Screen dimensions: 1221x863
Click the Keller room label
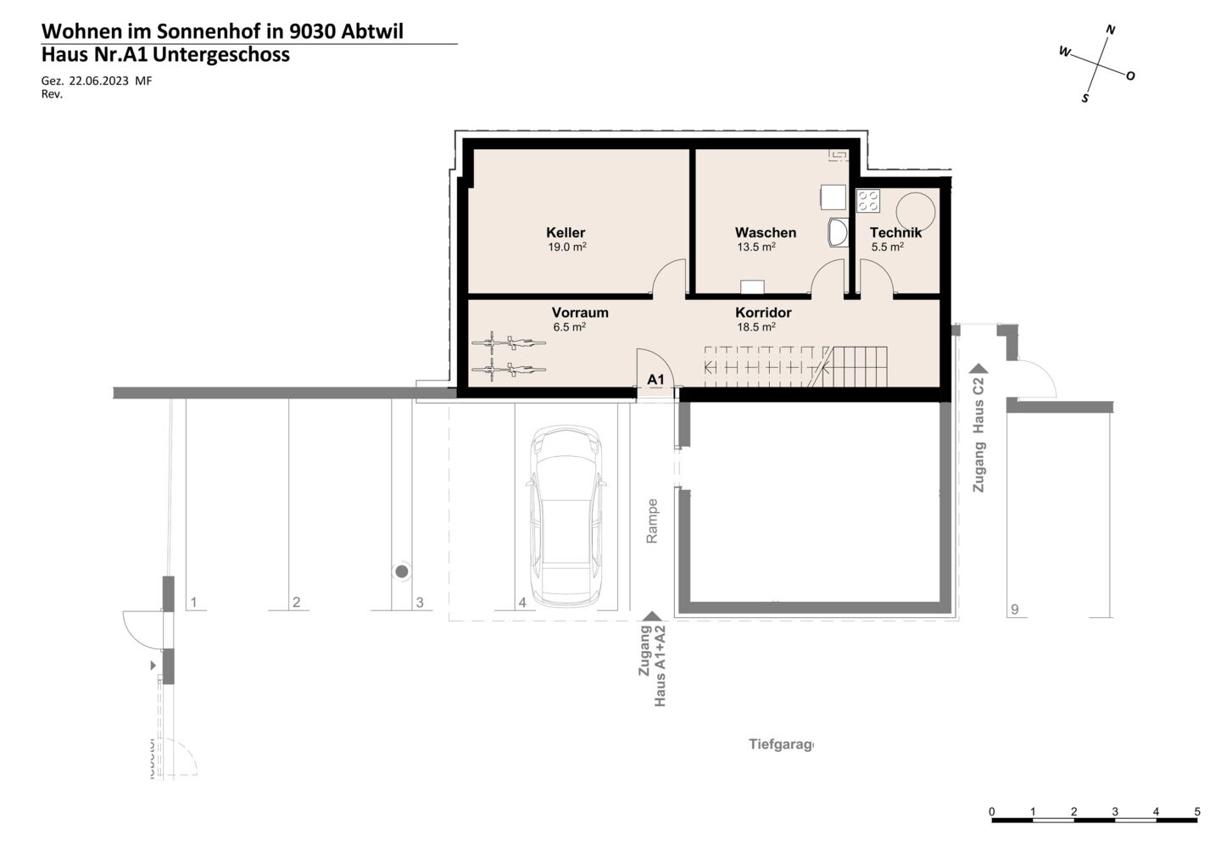[566, 232]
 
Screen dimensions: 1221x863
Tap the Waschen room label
[766, 232]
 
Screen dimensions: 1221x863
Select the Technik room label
[895, 232]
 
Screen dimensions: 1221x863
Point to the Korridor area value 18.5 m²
[756, 327]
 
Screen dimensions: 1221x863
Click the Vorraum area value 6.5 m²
[569, 327]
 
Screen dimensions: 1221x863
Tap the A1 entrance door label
[655, 379]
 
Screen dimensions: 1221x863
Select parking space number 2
[297, 602]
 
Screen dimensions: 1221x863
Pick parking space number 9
[1014, 610]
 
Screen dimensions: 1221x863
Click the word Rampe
[652, 521]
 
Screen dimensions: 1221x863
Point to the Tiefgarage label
[781, 744]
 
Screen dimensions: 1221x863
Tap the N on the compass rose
[1110, 30]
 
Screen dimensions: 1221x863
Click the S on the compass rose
[1084, 98]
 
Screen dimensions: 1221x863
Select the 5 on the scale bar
[1197, 811]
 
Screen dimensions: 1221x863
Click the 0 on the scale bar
[991, 811]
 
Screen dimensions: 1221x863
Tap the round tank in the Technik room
[916, 213]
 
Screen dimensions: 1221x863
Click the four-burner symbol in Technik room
[867, 200]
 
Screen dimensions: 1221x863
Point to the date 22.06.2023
[98, 81]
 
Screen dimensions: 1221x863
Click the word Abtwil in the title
[372, 31]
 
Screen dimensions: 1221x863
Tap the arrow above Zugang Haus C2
[978, 368]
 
